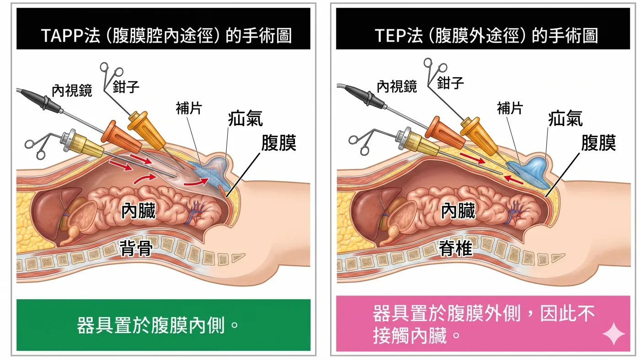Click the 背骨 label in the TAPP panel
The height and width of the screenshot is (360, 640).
tap(136, 249)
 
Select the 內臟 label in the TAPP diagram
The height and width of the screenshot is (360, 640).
tap(139, 211)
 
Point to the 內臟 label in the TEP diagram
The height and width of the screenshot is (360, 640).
tap(458, 211)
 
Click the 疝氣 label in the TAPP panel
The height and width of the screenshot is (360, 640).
tap(245, 118)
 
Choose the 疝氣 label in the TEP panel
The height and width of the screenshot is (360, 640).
tap(565, 118)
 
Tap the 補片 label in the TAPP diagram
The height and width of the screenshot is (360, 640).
tap(189, 108)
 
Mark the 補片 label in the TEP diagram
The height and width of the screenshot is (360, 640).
tap(510, 108)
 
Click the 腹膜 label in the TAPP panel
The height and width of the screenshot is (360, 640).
tap(279, 143)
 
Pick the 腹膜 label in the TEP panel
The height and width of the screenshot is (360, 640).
tap(598, 143)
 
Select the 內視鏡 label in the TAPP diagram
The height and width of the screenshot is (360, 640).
tap(72, 91)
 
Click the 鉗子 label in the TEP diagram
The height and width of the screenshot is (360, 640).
tap(450, 83)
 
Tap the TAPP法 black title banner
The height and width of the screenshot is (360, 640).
tap(164, 28)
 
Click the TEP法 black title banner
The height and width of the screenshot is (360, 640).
tap(483, 28)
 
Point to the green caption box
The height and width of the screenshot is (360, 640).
tap(164, 325)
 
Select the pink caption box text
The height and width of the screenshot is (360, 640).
tap(484, 324)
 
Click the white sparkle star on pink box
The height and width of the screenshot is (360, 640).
tap(613, 334)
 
